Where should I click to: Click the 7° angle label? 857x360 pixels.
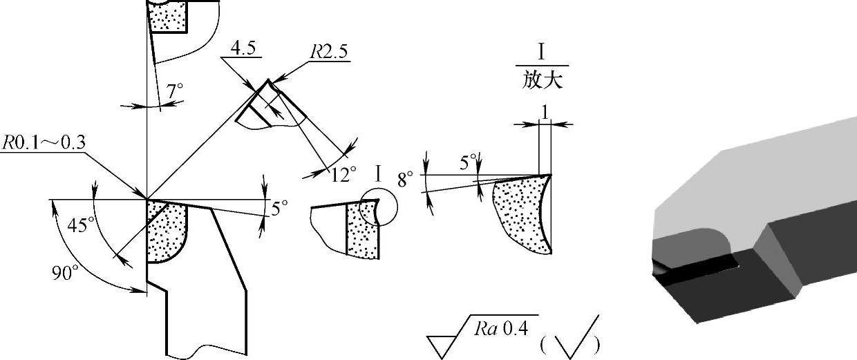coord(176,90)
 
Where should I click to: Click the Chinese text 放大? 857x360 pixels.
coord(543,80)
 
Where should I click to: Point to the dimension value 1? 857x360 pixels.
coord(545,111)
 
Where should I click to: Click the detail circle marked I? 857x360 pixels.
coord(379,207)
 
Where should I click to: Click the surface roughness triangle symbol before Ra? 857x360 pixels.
coord(442,345)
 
